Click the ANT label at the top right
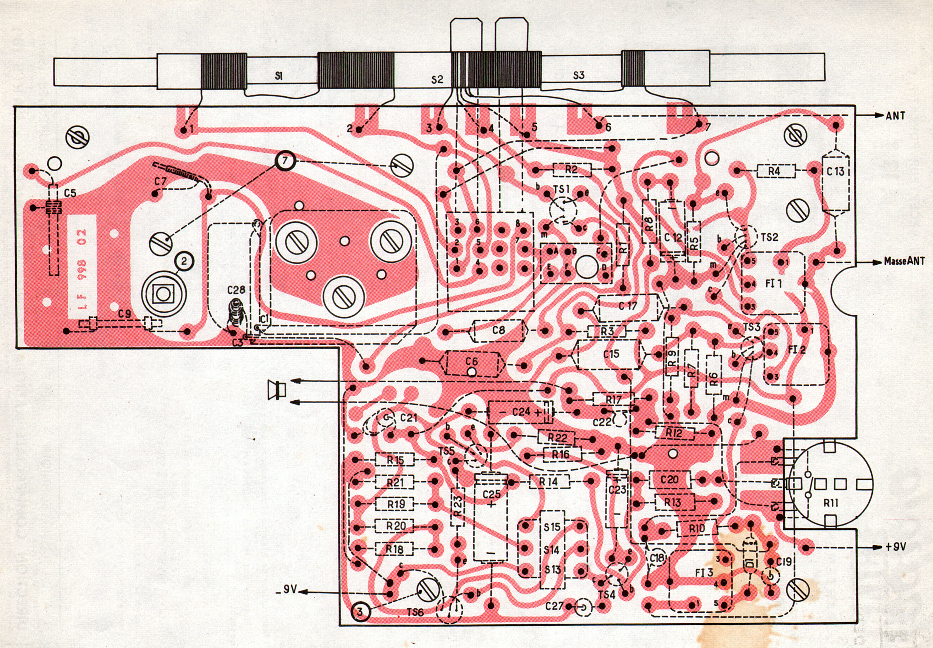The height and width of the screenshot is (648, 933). [895, 116]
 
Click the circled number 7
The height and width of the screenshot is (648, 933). [285, 161]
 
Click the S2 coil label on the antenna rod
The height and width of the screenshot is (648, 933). [437, 80]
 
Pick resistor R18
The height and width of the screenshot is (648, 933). [394, 549]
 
